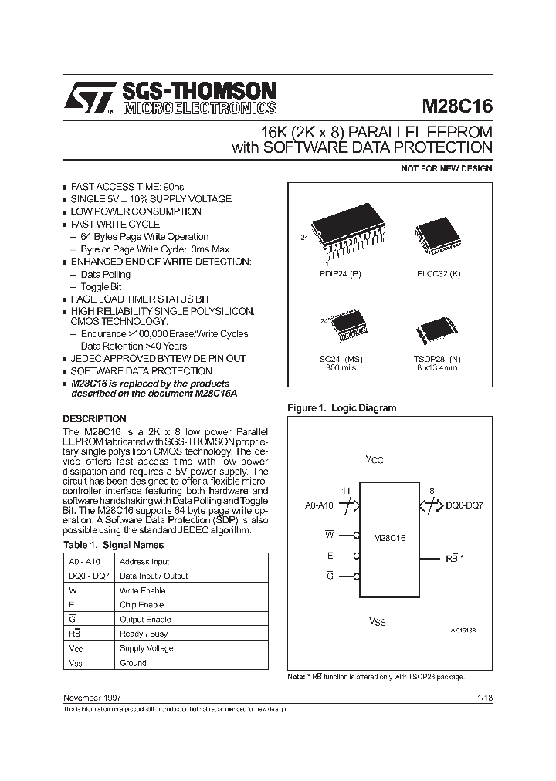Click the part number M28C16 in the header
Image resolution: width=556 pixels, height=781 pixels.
(x=456, y=105)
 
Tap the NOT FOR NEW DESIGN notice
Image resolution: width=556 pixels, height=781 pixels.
(x=446, y=168)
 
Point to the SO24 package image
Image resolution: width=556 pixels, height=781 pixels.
(x=342, y=330)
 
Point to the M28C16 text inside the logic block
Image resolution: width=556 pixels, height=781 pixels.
(x=389, y=537)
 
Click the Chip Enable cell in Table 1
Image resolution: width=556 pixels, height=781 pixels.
(x=141, y=605)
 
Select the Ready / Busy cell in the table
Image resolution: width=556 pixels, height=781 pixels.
(x=143, y=634)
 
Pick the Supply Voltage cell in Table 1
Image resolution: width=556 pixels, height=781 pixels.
(x=146, y=648)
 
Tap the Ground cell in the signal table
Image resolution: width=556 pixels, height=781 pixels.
(x=133, y=663)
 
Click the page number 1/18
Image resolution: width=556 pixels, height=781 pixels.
(x=485, y=697)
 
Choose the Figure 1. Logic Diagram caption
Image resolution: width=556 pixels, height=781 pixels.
(x=341, y=407)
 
